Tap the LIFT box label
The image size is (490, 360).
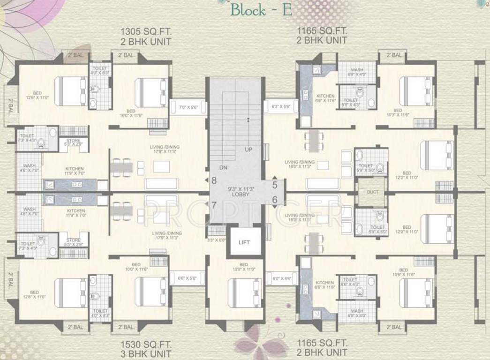244,242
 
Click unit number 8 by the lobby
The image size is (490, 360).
214,180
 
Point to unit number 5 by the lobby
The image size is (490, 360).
275,185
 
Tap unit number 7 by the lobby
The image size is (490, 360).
214,205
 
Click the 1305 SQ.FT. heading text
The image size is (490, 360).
147,32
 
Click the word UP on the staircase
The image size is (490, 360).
248,150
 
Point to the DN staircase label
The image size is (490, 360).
223,167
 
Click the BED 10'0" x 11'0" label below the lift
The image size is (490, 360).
243,267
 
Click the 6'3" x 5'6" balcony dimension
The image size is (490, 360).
281,107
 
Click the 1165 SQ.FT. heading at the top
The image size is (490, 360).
322,31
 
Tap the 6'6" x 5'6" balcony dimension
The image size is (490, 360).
187,278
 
